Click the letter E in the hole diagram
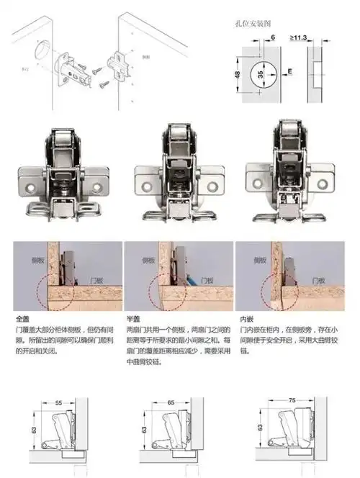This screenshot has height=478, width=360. [x=289, y=72]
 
